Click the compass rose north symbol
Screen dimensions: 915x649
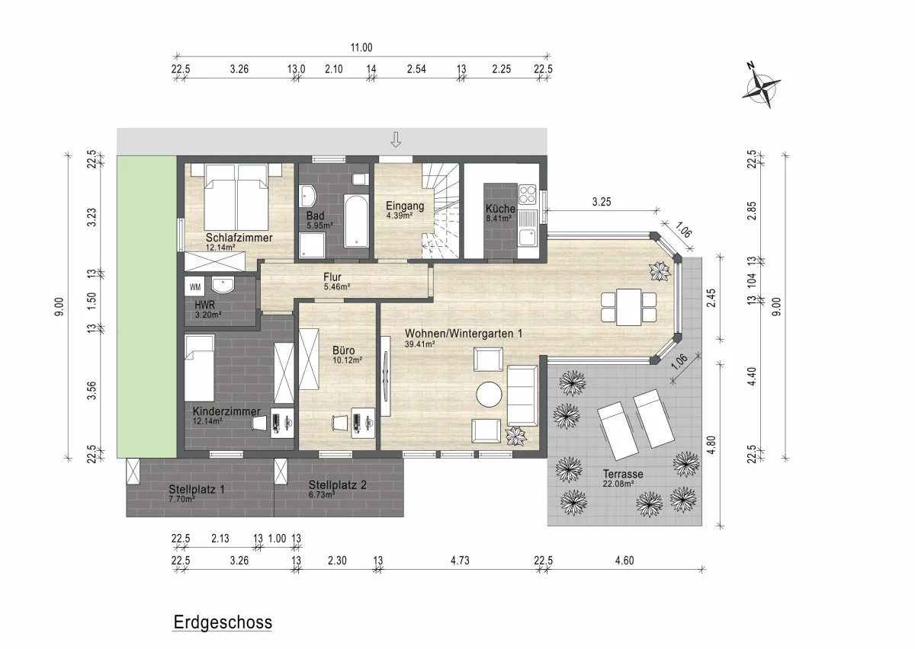point(761,87)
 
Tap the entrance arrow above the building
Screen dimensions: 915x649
point(396,139)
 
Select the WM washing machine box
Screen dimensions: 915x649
point(195,286)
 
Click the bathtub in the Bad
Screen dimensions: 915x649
point(357,221)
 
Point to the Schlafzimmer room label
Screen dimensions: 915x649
point(239,238)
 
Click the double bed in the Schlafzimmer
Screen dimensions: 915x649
point(236,197)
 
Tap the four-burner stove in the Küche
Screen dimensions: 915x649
point(527,195)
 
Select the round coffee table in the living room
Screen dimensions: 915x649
point(489,394)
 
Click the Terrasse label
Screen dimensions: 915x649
point(623,474)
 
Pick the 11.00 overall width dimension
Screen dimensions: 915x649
point(361,48)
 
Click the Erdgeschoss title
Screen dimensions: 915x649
point(223,622)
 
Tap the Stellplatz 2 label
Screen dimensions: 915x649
point(337,485)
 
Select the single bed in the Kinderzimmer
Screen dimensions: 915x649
point(199,368)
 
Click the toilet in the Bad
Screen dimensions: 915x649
point(360,179)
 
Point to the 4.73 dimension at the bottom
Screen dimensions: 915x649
point(460,561)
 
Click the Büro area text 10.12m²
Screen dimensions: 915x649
point(347,360)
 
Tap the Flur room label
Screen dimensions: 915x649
point(332,277)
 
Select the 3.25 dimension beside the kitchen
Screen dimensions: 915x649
point(602,202)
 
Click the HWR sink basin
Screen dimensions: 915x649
point(223,284)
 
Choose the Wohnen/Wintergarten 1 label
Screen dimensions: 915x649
point(464,334)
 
